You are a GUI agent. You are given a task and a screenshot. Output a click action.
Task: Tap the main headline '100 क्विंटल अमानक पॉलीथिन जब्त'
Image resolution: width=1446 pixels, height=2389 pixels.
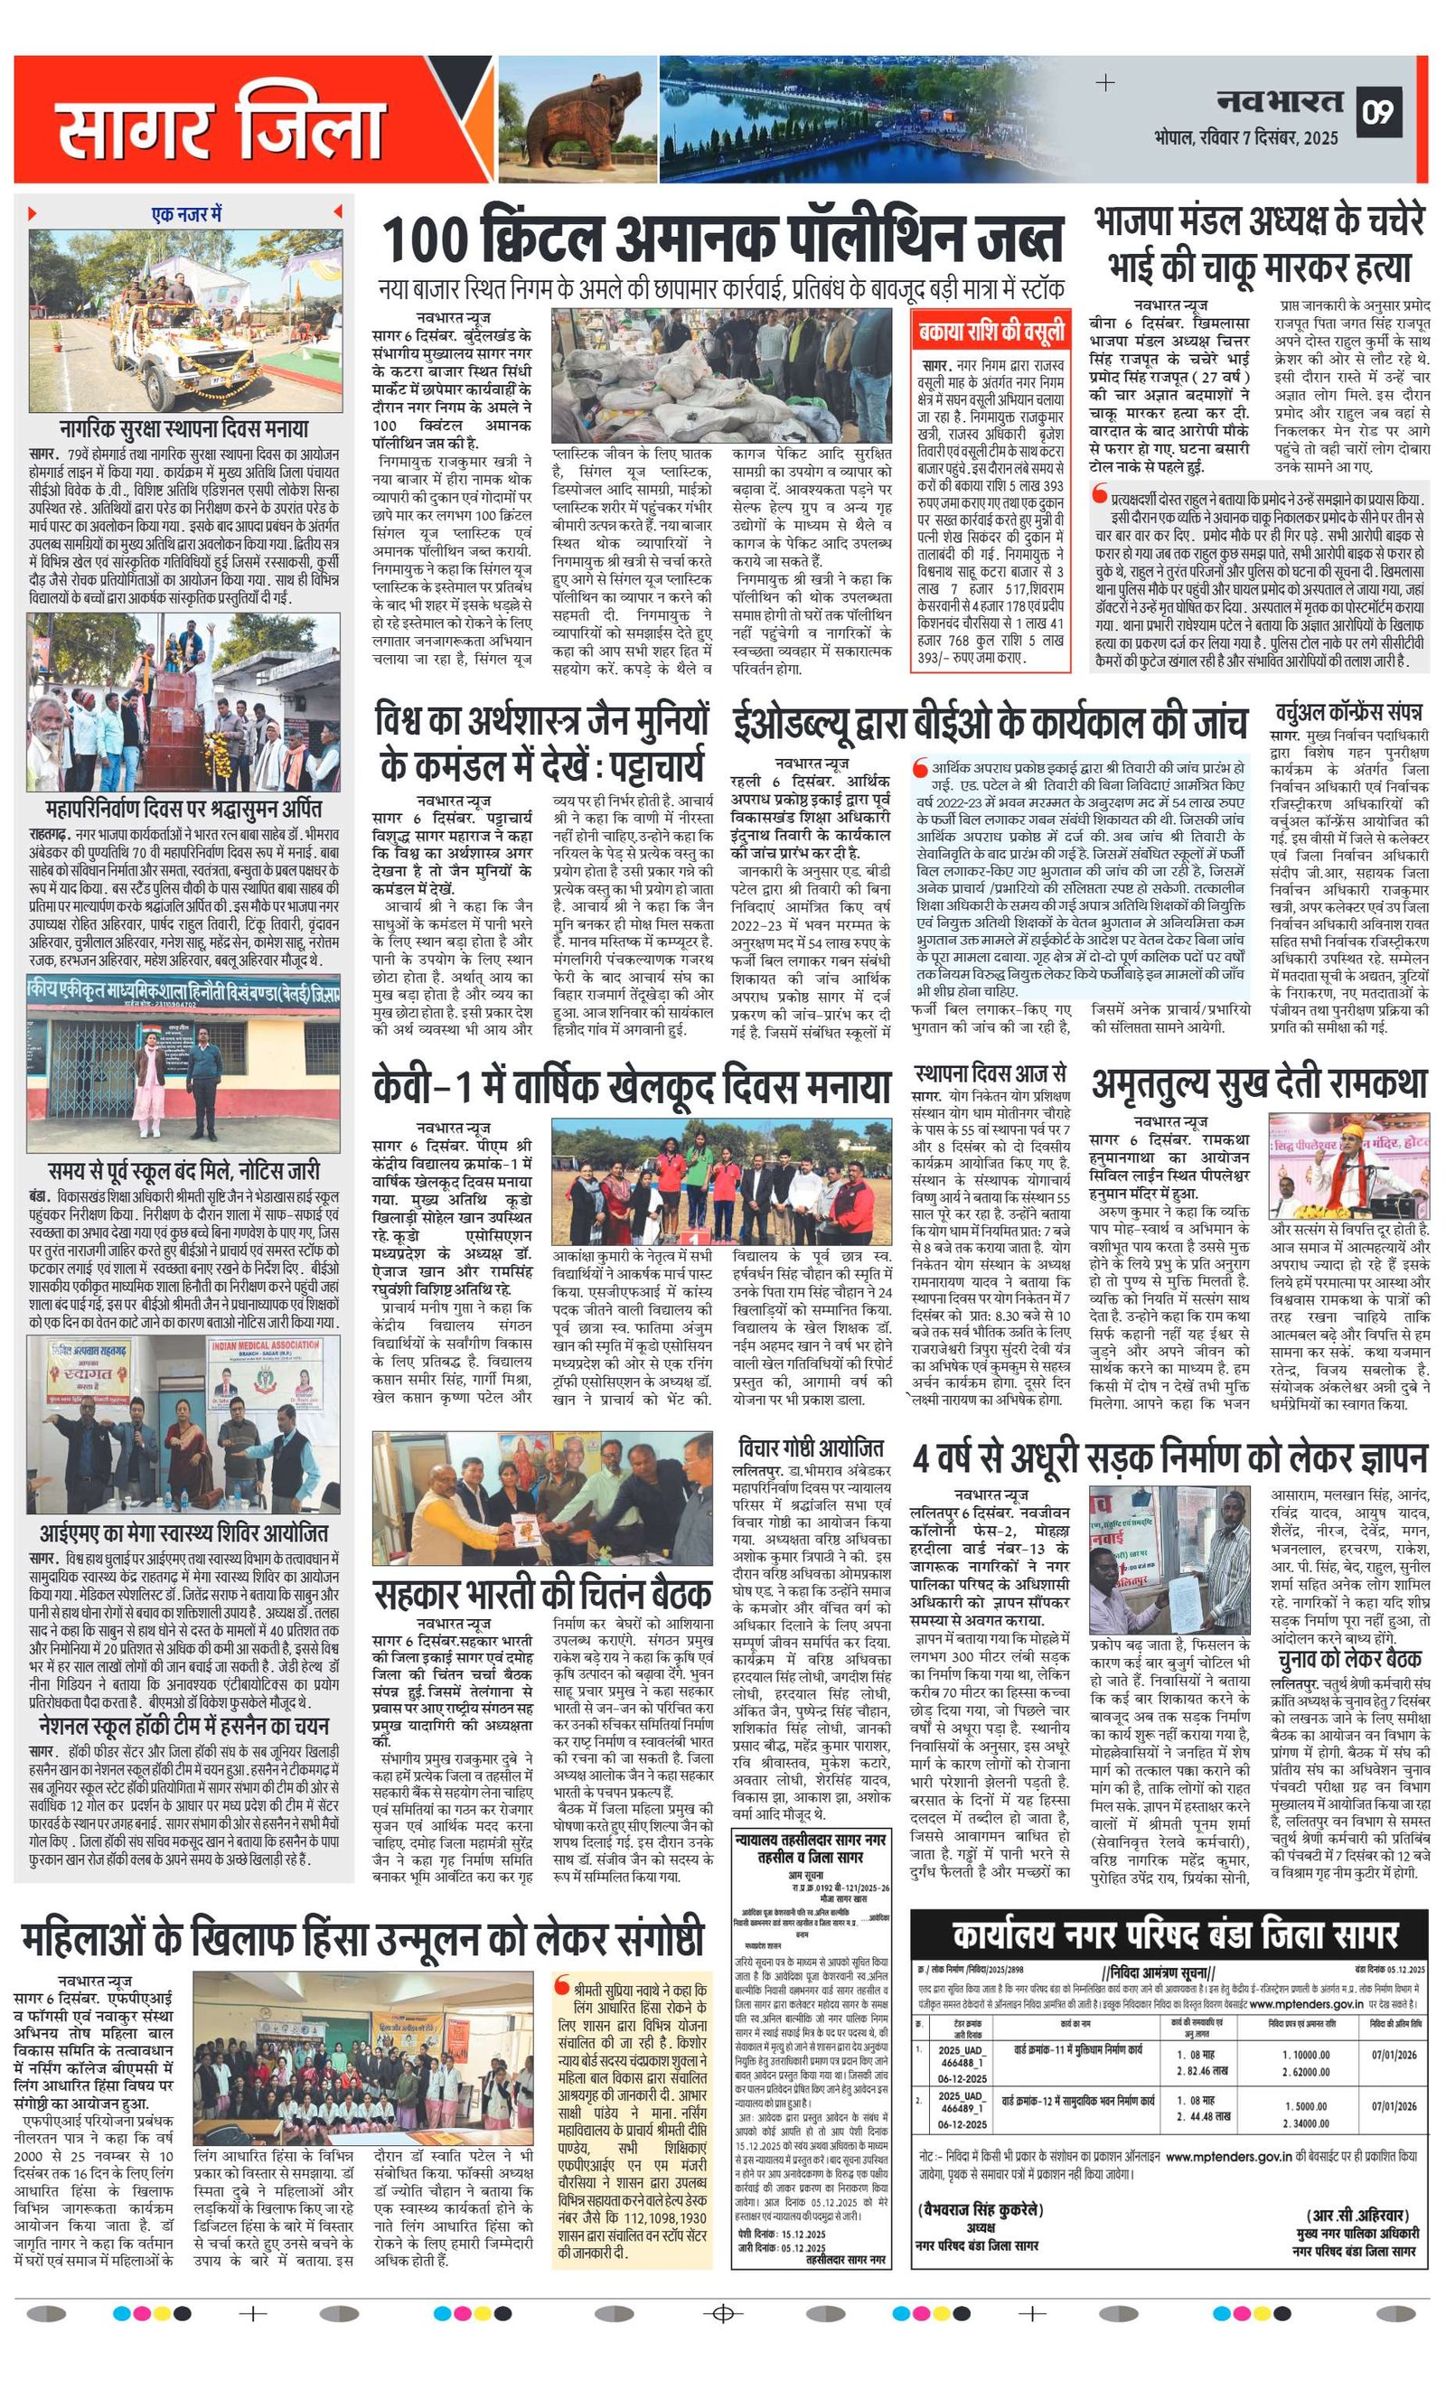[722, 239]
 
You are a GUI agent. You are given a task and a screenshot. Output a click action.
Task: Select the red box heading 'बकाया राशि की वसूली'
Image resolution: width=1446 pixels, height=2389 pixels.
[991, 333]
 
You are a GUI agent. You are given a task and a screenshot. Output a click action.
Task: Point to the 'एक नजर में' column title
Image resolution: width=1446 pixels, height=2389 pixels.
[187, 213]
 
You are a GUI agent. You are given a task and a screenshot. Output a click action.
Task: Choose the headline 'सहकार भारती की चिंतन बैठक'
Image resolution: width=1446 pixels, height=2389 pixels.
[543, 1594]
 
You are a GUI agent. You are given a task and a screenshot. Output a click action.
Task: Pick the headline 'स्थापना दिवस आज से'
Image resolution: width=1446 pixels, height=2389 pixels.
[991, 1074]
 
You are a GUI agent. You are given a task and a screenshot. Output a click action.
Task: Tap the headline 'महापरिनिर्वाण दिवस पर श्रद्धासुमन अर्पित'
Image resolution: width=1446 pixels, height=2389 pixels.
[183, 809]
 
